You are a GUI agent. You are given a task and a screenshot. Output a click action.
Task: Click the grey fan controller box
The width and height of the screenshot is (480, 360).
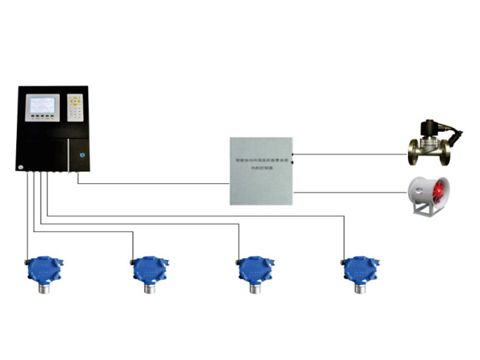261,173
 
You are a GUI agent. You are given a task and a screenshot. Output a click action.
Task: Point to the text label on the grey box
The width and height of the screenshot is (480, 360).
261,165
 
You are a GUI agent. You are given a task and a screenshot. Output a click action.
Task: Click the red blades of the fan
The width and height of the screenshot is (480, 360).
441,193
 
